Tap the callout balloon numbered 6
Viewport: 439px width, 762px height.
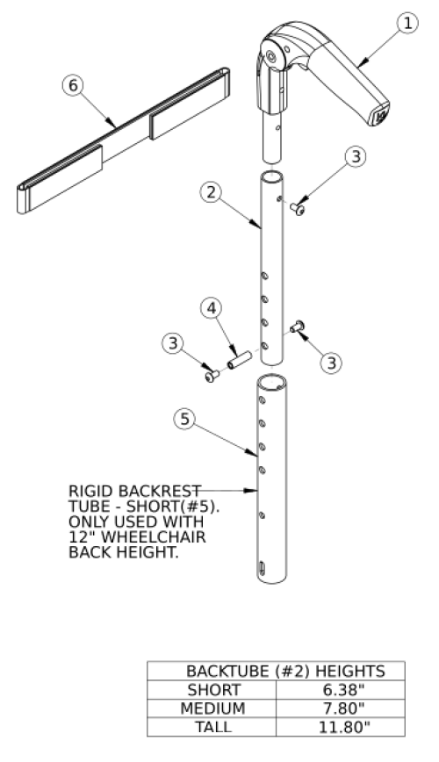(x=73, y=85)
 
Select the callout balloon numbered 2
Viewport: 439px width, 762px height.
(x=211, y=192)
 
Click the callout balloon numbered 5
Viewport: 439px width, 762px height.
(x=184, y=419)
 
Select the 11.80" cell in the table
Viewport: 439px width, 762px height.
(x=344, y=727)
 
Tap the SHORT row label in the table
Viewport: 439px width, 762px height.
(x=213, y=690)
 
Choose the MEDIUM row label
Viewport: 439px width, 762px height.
(x=212, y=708)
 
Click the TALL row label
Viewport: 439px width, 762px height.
(x=213, y=727)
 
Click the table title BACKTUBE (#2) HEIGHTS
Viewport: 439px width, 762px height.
(x=285, y=671)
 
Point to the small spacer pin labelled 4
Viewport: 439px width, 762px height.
(x=239, y=360)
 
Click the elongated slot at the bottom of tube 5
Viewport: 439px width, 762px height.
(x=263, y=568)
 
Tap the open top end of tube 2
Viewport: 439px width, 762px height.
(x=272, y=176)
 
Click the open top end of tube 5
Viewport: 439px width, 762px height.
(x=272, y=382)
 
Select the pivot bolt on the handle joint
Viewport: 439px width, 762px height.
(x=270, y=58)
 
